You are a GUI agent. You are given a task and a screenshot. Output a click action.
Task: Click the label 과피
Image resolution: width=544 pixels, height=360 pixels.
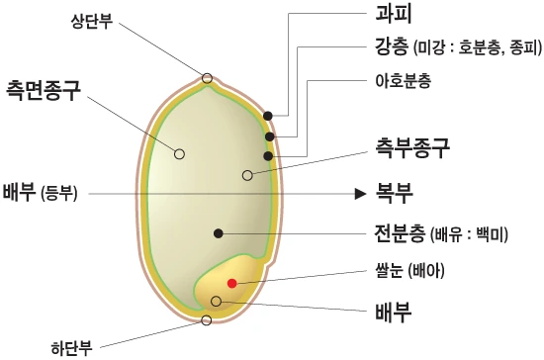pyautogui.click(x=394, y=15)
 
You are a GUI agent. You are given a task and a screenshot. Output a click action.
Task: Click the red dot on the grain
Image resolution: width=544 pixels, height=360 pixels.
pyautogui.click(x=232, y=283)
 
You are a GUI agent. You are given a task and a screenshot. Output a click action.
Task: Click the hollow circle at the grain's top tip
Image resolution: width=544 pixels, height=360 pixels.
pyautogui.click(x=207, y=78)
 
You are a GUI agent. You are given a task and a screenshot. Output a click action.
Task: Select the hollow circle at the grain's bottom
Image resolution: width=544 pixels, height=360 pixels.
pyautogui.click(x=206, y=319)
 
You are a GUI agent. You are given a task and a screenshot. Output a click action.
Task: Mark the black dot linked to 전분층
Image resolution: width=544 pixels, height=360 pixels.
pyautogui.click(x=218, y=232)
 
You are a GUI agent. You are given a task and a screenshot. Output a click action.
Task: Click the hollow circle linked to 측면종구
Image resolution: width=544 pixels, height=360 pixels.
pyautogui.click(x=179, y=153)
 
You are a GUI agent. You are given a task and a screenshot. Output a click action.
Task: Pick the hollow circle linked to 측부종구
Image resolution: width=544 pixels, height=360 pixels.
pyautogui.click(x=247, y=175)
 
